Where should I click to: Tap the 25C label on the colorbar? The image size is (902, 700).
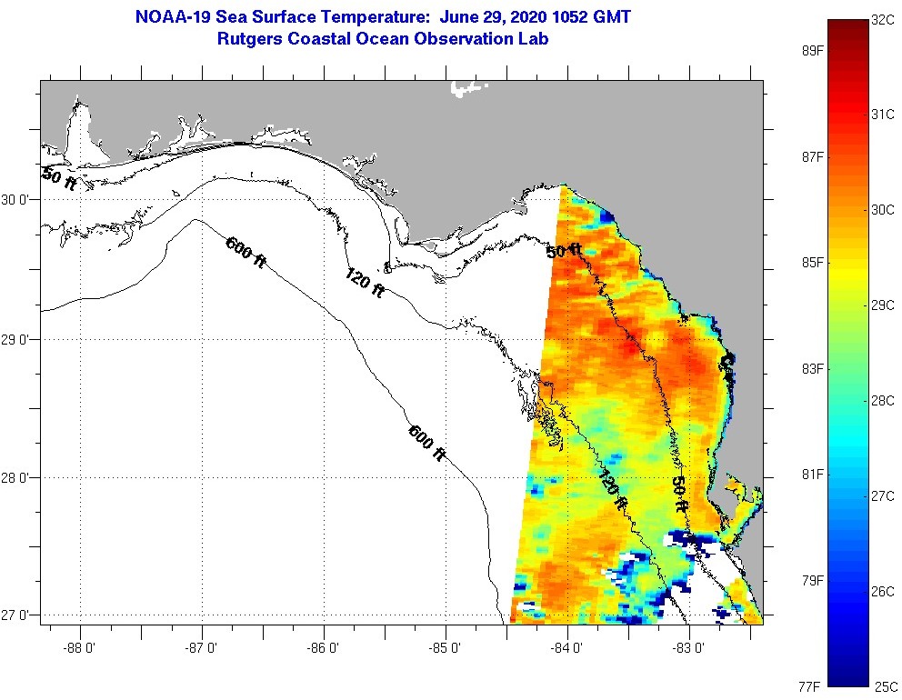pyautogui.click(x=886, y=685)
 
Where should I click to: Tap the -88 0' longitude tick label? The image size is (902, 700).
pyautogui.click(x=80, y=648)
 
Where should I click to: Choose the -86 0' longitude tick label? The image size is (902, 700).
pyautogui.click(x=324, y=648)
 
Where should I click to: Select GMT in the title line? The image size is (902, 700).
pyautogui.click(x=611, y=17)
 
